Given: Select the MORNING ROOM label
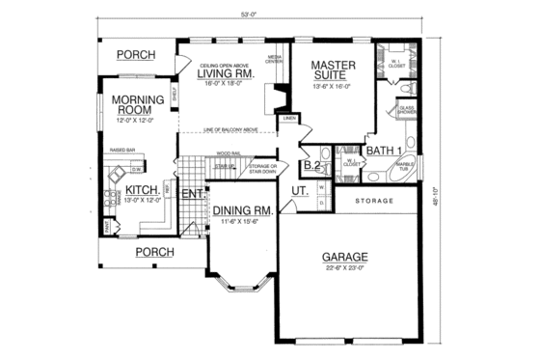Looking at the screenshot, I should (136, 104).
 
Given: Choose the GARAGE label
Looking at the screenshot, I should (348, 258).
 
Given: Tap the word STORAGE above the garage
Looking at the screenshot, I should (374, 201).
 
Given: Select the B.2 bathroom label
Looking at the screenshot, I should (311, 166).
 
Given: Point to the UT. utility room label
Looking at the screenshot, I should (300, 193).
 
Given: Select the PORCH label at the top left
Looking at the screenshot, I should (135, 55).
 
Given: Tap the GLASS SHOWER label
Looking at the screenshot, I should (407, 110).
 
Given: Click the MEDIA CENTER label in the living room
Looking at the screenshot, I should (273, 61).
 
